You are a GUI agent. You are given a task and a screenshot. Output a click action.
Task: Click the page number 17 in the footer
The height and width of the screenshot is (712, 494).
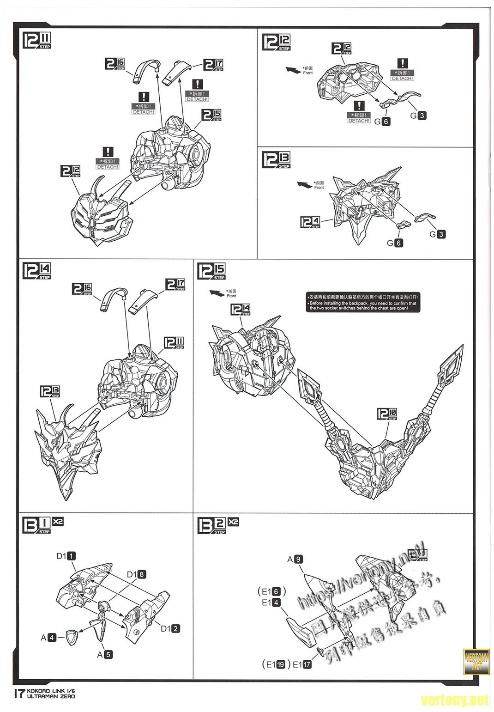point(18,694)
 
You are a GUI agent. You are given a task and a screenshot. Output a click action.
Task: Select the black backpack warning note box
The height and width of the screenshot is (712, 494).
point(363,303)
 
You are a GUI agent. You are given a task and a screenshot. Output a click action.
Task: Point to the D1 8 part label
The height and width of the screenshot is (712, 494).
point(137,574)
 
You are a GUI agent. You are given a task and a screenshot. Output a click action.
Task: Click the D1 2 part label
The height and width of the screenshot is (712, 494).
point(170,628)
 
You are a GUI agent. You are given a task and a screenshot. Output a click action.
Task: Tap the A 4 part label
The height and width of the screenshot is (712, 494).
point(48,638)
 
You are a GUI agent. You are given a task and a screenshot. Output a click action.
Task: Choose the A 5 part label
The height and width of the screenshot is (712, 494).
point(105,654)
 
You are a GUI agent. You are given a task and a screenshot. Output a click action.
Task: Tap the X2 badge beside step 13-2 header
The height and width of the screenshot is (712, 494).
point(233,522)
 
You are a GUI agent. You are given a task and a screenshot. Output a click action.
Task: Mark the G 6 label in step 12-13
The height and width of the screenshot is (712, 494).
point(395,243)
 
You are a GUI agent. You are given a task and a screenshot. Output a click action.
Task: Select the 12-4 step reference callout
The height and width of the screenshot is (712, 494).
point(310,223)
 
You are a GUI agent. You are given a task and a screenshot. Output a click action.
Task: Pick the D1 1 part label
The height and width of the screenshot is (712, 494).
point(66,556)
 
